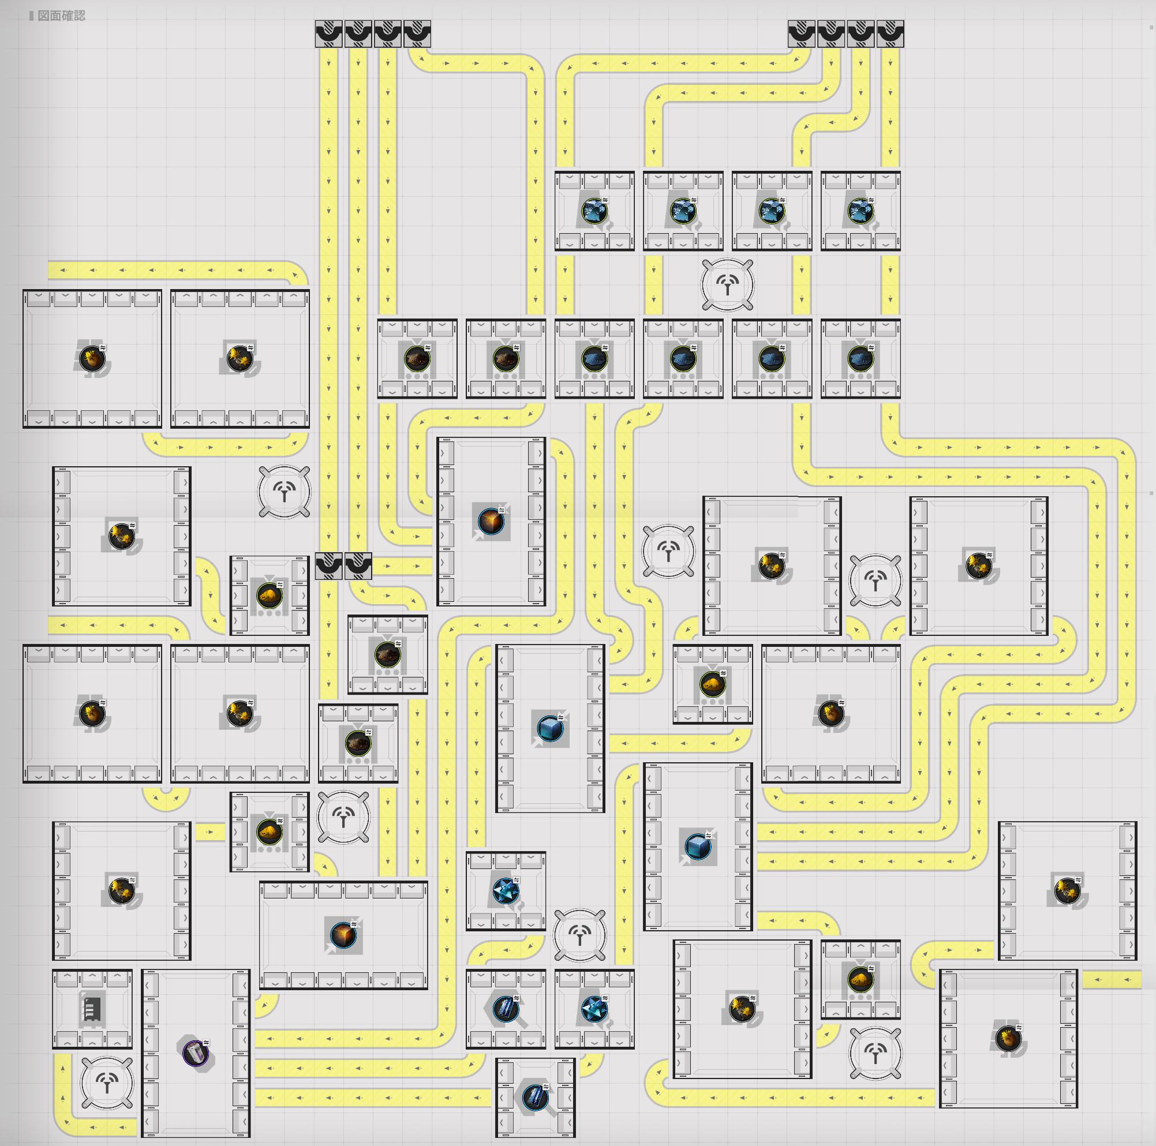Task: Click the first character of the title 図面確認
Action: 44,16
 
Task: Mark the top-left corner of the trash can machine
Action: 142,969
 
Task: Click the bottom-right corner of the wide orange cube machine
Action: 428,989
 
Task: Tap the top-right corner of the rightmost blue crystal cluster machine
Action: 900,171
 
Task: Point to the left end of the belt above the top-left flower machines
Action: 49,271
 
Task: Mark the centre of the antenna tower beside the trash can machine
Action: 107,1083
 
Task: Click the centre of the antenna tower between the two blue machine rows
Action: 728,284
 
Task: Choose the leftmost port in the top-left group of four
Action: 328,34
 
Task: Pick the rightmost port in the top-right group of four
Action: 891,34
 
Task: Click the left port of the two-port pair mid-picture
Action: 328,566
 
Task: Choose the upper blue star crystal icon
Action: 506,890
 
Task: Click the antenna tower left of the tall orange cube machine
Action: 284,492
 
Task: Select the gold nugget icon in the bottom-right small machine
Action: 861,979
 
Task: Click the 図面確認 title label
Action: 61,16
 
